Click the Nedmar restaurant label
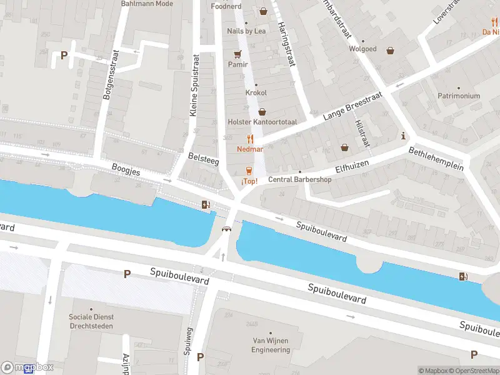[x=250, y=149]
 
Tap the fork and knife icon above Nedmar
[x=250, y=139]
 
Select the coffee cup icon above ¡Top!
[x=249, y=171]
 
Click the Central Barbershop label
[x=300, y=179]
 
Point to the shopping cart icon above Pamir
[x=237, y=54]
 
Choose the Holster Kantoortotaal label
[x=262, y=122]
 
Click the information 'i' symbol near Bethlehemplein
[x=404, y=136]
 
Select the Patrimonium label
[x=458, y=96]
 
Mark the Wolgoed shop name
[x=362, y=49]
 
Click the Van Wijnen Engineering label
[x=271, y=346]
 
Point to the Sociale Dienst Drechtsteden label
[x=91, y=321]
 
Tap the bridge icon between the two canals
[x=226, y=229]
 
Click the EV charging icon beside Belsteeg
[x=206, y=204]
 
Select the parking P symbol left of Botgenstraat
[x=64, y=55]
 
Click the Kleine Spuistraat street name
[x=194, y=84]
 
